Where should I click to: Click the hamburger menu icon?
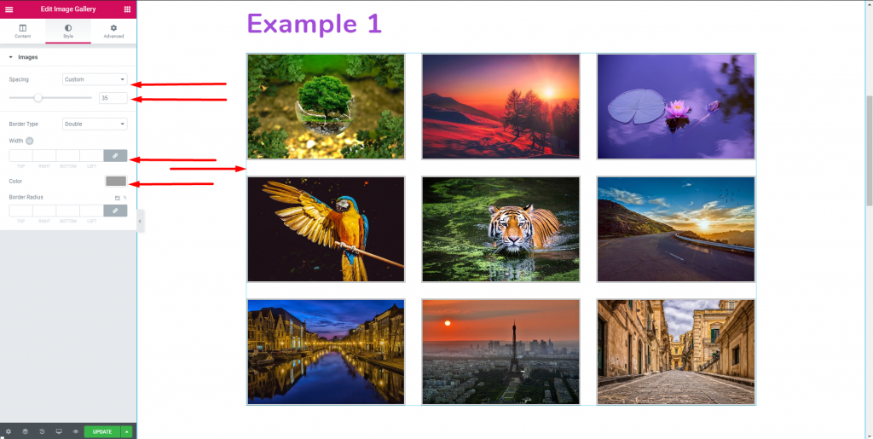tap(9, 9)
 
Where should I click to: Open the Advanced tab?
tap(113, 31)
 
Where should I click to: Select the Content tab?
tap(22, 31)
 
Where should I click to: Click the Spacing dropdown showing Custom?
tap(95, 79)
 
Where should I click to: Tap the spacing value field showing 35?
tap(113, 98)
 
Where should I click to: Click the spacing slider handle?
tap(38, 98)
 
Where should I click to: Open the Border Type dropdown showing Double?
tap(95, 124)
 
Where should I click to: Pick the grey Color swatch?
tap(116, 181)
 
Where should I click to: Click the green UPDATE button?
tap(102, 431)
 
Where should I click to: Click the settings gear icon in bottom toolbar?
tap(9, 431)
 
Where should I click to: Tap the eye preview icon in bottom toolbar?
tap(75, 431)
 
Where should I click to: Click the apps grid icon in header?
tap(127, 9)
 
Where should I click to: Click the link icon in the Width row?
tap(115, 156)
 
